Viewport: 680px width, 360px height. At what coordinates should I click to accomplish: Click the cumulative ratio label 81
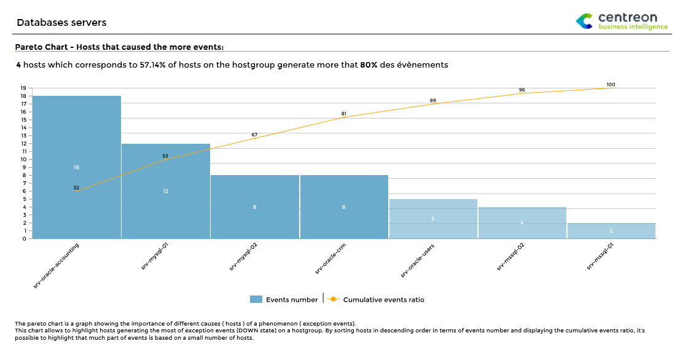(343, 114)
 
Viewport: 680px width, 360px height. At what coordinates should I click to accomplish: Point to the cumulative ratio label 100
(610, 85)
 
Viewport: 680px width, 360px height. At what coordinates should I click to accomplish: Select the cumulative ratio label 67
(254, 135)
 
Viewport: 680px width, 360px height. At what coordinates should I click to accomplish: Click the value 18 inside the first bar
(76, 167)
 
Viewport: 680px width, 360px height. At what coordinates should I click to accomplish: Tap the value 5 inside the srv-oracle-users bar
(433, 219)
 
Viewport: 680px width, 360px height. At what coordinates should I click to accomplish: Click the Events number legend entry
(285, 300)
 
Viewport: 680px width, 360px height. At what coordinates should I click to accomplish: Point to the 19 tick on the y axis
(23, 88)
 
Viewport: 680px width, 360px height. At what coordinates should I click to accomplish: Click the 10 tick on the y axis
(23, 159)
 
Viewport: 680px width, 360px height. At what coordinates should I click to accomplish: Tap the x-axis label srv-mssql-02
(512, 257)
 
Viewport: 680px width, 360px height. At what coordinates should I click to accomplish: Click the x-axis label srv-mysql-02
(243, 257)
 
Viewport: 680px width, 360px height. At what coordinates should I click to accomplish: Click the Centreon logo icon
(585, 22)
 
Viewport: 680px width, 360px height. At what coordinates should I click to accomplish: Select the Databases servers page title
(61, 23)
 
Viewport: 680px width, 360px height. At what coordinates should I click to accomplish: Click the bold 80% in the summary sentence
(369, 65)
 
